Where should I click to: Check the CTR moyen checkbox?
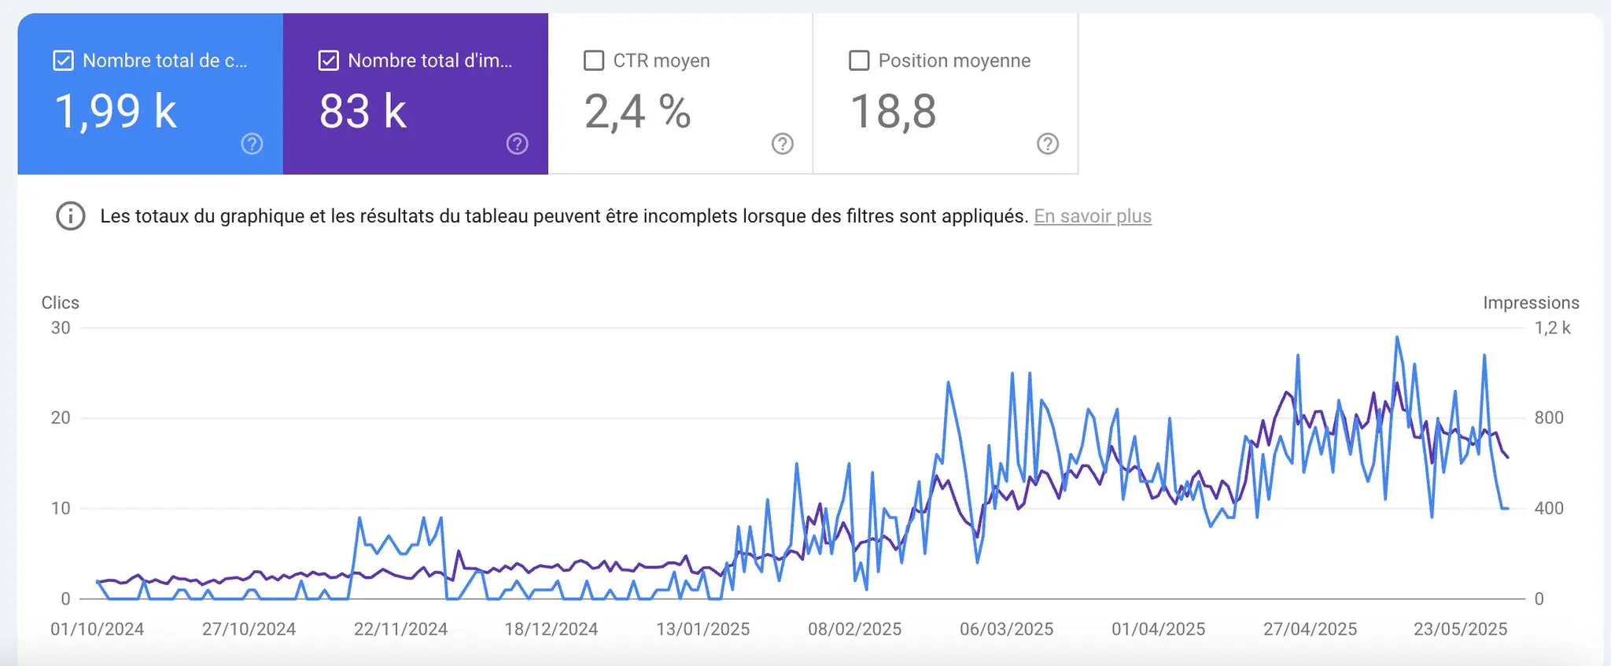[x=594, y=61]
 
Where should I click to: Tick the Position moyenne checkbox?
[x=859, y=61]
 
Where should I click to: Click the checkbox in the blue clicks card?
[x=63, y=61]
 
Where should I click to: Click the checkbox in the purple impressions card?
[x=328, y=61]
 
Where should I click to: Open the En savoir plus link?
[x=1092, y=216]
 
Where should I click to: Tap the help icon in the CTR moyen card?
[x=782, y=144]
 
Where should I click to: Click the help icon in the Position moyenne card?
[x=1047, y=144]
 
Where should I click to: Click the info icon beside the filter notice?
[x=71, y=216]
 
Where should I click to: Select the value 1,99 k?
[x=115, y=111]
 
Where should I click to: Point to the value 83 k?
[x=363, y=111]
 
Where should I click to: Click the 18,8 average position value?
[x=893, y=111]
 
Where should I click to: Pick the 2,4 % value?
[x=637, y=111]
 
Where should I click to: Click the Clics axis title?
[x=60, y=303]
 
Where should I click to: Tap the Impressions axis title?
[x=1530, y=303]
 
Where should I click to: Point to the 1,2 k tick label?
[x=1551, y=328]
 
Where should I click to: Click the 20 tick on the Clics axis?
[x=61, y=418]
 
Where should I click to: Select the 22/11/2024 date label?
[x=400, y=629]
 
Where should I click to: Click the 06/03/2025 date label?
[x=1006, y=629]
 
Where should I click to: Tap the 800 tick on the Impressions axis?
[x=1548, y=418]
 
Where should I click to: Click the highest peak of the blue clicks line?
[x=1397, y=337]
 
